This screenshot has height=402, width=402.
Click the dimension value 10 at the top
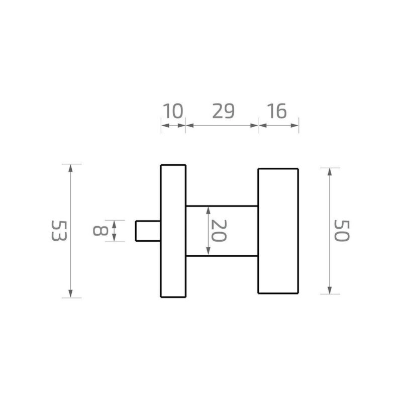(x=173, y=111)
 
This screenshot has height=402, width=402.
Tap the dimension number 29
(x=223, y=111)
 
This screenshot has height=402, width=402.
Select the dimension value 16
(x=276, y=111)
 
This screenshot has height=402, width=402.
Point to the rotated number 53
(x=59, y=231)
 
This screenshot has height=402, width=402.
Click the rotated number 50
(x=342, y=231)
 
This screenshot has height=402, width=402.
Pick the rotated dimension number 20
(x=219, y=231)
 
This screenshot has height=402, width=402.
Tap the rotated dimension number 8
(x=100, y=231)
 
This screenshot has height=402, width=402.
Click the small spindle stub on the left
(x=148, y=231)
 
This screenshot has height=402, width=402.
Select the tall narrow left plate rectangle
(x=173, y=231)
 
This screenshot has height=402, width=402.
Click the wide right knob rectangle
(x=278, y=231)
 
